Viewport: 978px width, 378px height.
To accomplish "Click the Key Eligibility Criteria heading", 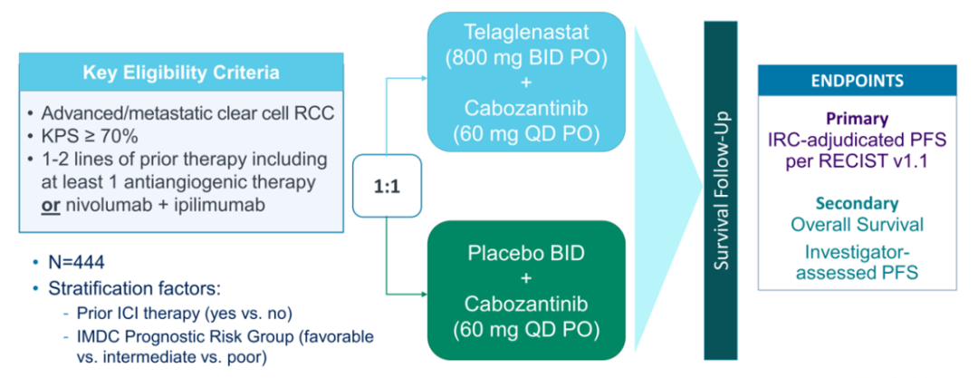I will (182, 73).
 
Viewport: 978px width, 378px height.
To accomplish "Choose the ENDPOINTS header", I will (856, 81).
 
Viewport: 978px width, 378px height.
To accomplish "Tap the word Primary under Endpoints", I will (857, 119).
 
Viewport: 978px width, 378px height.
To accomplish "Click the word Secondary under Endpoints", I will (857, 204).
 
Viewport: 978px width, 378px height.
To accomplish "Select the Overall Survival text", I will (857, 224).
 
